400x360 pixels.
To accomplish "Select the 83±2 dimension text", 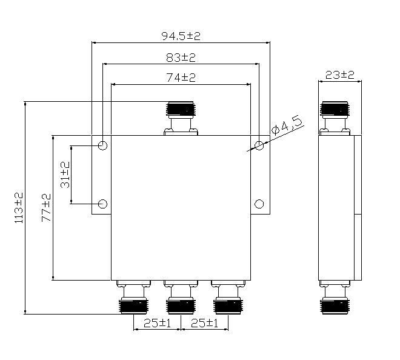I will (x=181, y=58).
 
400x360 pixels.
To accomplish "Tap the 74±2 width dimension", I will (x=181, y=78).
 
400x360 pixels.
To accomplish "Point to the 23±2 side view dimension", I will (x=339, y=75).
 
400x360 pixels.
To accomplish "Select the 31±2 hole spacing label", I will (x=65, y=173).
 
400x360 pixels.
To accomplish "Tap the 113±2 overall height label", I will (x=18, y=207).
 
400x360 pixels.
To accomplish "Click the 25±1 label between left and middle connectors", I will (x=157, y=323).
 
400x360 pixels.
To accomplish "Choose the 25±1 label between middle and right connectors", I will (x=205, y=323).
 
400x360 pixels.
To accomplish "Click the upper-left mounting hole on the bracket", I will (x=103, y=146).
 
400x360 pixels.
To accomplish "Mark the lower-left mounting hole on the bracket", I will (x=103, y=203).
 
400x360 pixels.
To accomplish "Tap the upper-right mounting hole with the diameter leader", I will (x=259, y=145).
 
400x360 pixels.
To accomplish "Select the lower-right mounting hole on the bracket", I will (x=259, y=203).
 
